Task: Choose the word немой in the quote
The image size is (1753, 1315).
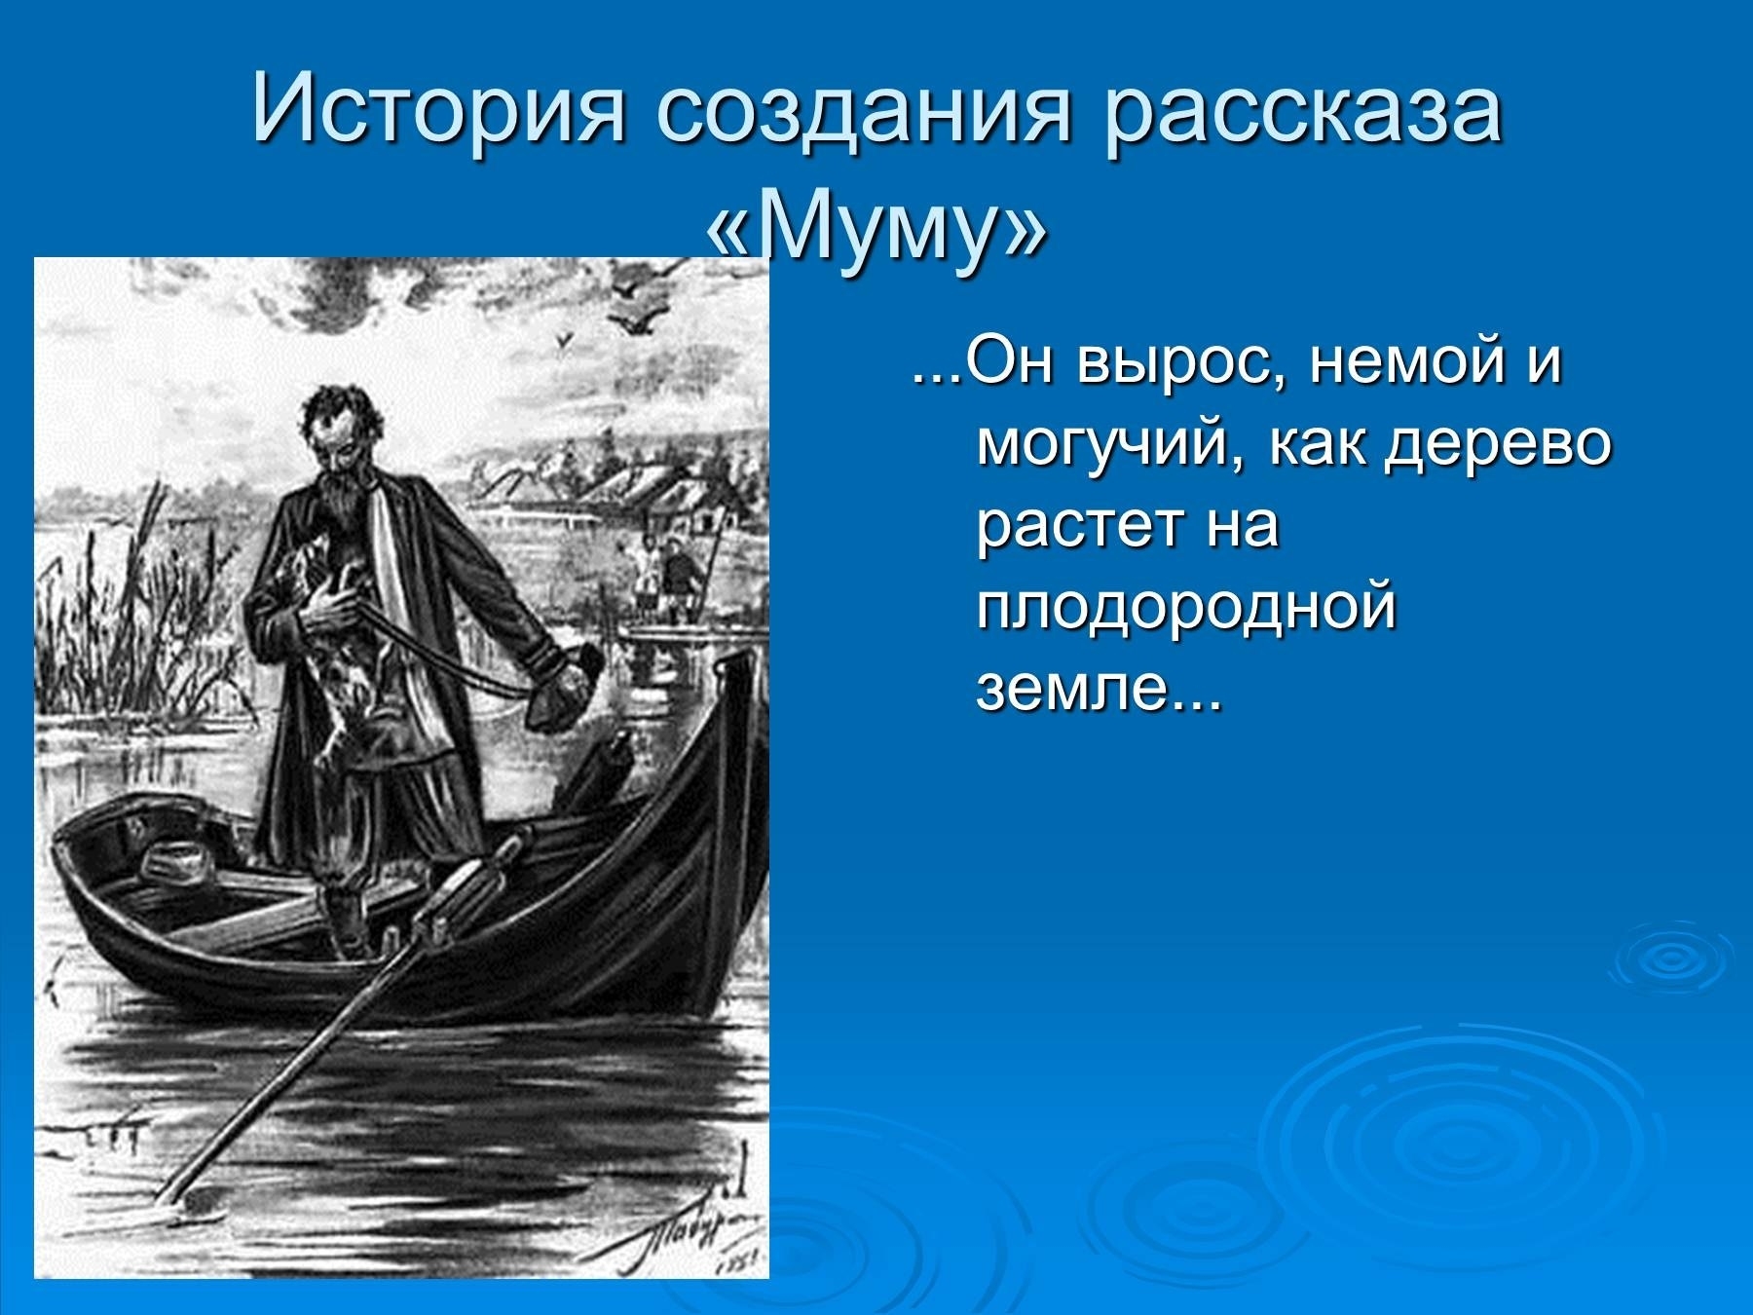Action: [x=1392, y=364]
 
